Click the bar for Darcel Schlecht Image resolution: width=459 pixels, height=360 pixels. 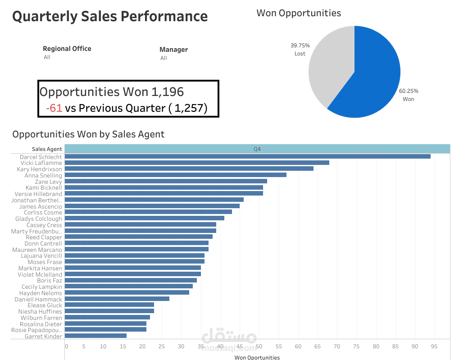point(247,156)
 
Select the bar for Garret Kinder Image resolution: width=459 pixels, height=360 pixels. point(95,336)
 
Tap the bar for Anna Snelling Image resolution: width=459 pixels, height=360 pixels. point(175,175)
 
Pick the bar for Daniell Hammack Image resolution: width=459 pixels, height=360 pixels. point(117,299)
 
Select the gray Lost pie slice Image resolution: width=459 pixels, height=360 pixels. point(329,68)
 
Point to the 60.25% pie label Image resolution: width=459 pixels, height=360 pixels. point(409,91)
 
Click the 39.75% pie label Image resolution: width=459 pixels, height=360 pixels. point(300,46)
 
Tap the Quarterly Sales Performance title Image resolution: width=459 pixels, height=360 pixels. point(110,16)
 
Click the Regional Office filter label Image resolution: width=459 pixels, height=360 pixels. point(67,49)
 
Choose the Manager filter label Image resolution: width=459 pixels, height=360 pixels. point(173,50)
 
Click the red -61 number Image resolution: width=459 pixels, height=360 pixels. point(54,108)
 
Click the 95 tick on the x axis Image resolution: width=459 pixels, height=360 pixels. point(434,346)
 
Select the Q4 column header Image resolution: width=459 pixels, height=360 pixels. point(257,149)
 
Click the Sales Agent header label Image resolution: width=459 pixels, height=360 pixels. point(47,149)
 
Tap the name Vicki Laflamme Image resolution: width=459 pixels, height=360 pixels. point(41,163)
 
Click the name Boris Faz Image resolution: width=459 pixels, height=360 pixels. point(50,280)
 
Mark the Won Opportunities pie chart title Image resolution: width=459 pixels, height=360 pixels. point(299,13)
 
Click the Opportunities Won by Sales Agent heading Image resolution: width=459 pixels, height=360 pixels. point(88,134)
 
